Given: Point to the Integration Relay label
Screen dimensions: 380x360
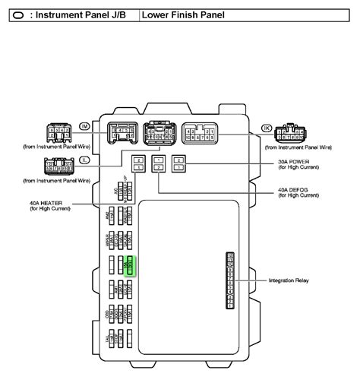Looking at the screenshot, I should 289,280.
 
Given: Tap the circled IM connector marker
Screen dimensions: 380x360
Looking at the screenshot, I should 84,126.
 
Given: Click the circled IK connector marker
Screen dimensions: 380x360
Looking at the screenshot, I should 267,126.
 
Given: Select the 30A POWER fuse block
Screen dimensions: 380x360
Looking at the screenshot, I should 178,163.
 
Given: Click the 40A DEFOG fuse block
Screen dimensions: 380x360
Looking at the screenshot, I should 158,163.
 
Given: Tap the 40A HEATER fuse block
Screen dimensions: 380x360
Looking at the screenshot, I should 138,163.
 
